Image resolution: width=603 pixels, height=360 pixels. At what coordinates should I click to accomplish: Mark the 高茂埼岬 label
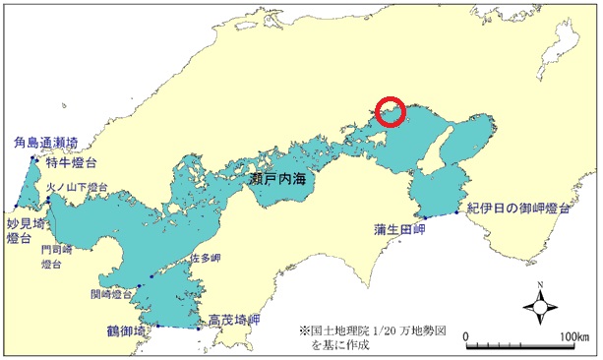click(234, 320)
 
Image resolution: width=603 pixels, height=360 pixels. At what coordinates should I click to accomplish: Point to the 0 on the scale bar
click(466, 338)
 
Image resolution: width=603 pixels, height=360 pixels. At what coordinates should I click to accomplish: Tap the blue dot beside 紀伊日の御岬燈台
click(458, 211)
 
